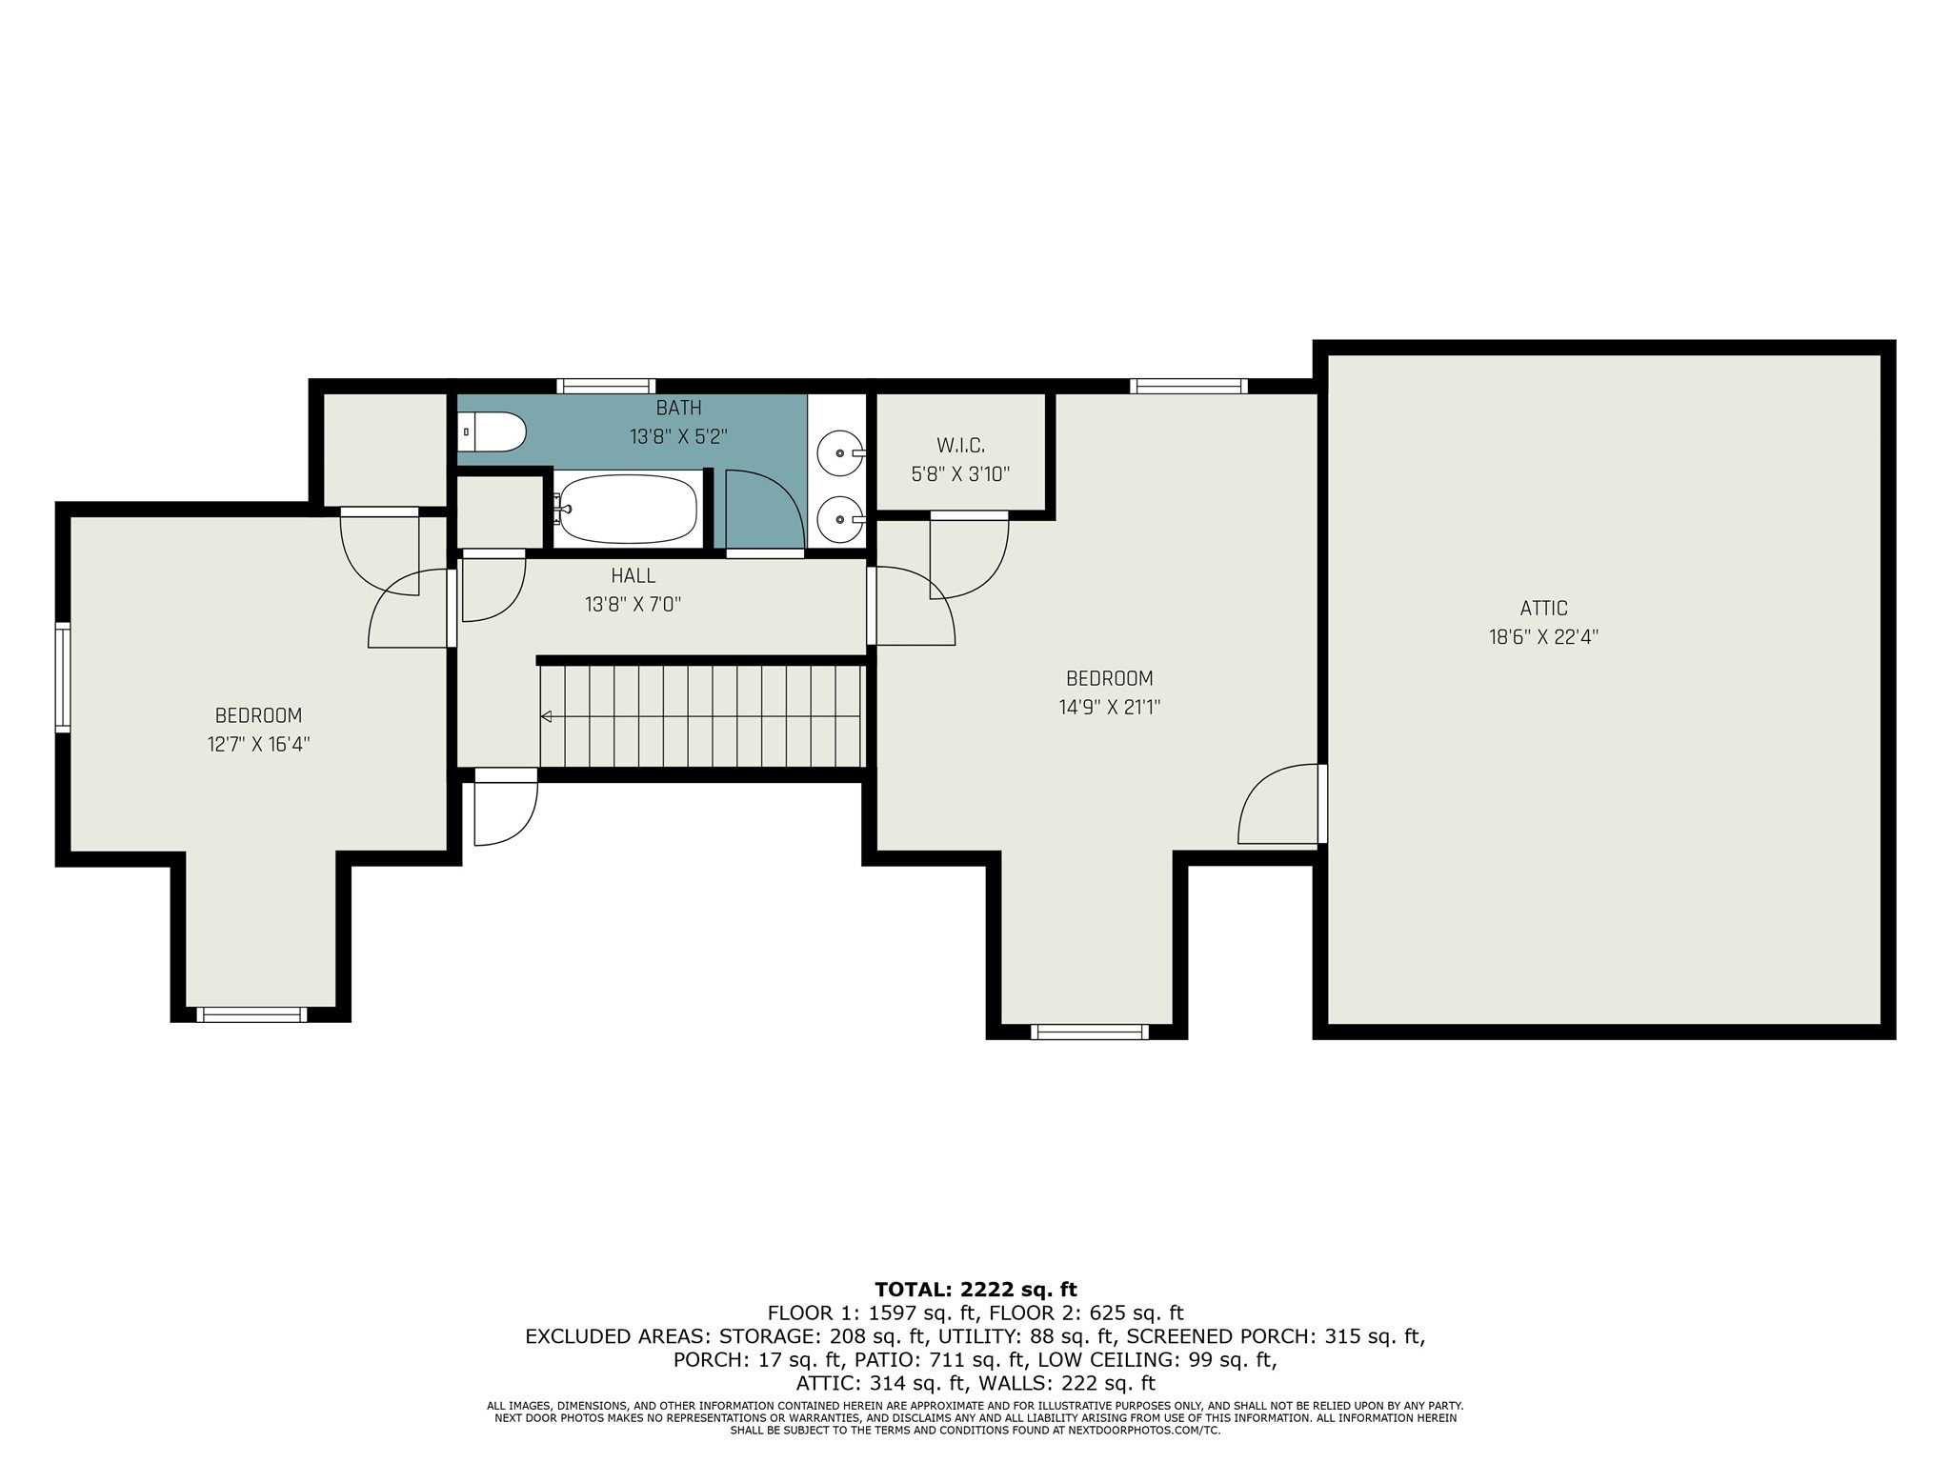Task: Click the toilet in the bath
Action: click(x=493, y=432)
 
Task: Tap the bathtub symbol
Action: click(x=629, y=510)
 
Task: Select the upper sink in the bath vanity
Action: click(x=840, y=453)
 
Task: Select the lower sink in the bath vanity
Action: click(x=840, y=519)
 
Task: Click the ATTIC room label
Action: click(x=1543, y=608)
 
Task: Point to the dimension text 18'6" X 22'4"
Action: click(x=1543, y=637)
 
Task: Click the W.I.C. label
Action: click(x=960, y=445)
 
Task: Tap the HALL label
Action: click(x=634, y=575)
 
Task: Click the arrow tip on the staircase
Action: click(x=546, y=716)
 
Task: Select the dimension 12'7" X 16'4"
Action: click(x=259, y=744)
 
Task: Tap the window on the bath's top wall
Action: click(x=606, y=386)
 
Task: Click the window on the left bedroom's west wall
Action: click(x=63, y=677)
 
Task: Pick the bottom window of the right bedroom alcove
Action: click(x=1090, y=1032)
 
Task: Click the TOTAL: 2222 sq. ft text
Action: click(x=975, y=1290)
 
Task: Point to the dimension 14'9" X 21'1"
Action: click(x=1109, y=708)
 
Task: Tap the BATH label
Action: click(x=678, y=408)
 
